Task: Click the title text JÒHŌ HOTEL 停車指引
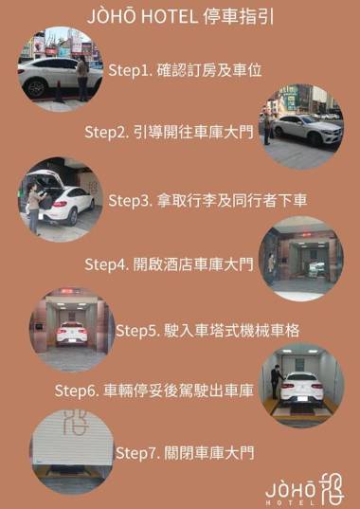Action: [180, 17]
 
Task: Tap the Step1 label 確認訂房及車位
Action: [185, 70]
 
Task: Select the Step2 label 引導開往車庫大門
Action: [169, 132]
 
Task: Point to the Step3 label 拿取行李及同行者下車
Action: [207, 200]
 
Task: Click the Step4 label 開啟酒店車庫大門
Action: [169, 264]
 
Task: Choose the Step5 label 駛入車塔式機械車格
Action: [207, 331]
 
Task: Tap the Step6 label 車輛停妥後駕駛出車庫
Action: [154, 391]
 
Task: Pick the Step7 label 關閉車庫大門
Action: [185, 452]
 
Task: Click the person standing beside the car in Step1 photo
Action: [82, 79]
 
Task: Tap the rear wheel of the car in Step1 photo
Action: [36, 88]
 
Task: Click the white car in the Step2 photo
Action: [308, 130]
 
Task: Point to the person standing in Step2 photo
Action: [267, 129]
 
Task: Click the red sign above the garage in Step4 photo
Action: [305, 234]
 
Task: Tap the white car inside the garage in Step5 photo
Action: [72, 334]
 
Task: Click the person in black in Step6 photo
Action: [277, 381]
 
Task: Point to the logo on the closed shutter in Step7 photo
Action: [75, 422]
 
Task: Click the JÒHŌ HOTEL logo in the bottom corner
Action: [304, 489]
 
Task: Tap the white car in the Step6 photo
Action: [302, 390]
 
